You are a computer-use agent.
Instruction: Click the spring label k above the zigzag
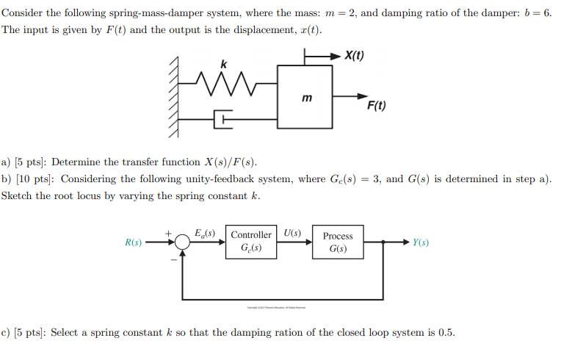point(225,65)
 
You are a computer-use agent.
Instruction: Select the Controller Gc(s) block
point(251,242)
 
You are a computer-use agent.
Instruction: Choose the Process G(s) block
point(338,242)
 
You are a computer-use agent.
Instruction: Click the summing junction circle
point(183,242)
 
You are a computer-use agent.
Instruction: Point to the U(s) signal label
point(292,234)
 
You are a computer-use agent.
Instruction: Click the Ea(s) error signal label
point(205,234)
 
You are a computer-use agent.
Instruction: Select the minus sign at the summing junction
point(173,259)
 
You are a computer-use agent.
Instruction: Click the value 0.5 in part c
point(446,333)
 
